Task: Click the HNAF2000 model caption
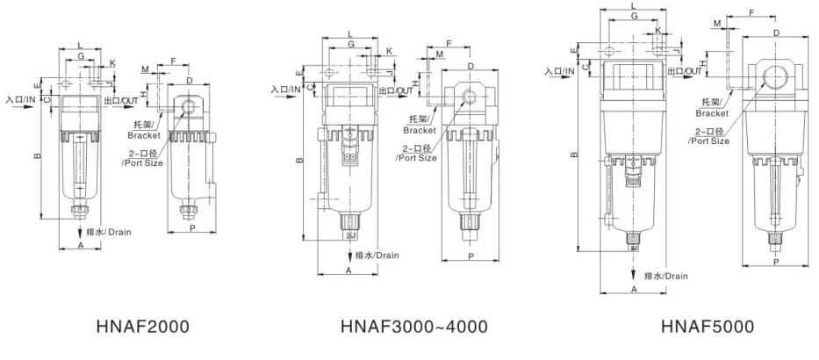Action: pos(142,327)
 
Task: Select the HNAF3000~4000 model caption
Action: pos(414,327)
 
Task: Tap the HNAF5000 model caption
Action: pos(708,327)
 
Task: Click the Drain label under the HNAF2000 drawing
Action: pos(119,232)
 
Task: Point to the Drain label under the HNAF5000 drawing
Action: pos(677,276)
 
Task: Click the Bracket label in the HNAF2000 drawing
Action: pos(144,136)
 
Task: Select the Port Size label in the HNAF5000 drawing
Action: pos(710,141)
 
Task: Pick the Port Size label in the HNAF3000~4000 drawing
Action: pos(417,158)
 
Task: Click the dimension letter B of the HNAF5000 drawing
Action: pos(574,155)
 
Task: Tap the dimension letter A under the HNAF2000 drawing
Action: pos(81,244)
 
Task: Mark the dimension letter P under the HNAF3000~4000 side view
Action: pos(471,256)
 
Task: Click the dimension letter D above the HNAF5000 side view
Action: pos(777,32)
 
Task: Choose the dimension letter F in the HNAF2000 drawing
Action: pos(174,61)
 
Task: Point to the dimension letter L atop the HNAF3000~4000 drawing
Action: pos(349,34)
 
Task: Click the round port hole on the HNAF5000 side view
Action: pos(774,79)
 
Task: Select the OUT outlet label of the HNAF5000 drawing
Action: pos(693,71)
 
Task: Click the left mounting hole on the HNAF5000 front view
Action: pos(609,51)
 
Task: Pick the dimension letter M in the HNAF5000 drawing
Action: pos(717,24)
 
